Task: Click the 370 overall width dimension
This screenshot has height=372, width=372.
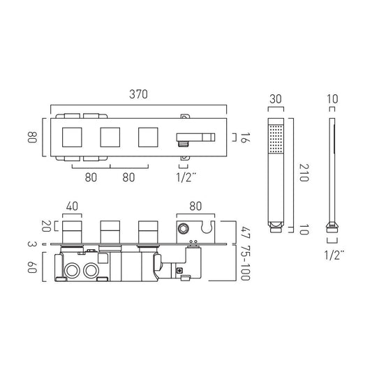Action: pos(139,94)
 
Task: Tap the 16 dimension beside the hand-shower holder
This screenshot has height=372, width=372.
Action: pos(245,137)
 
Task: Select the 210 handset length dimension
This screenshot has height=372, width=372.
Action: pos(304,172)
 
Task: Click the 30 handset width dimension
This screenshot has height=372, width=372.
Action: pos(276,99)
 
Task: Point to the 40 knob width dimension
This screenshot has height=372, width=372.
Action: pos(72,206)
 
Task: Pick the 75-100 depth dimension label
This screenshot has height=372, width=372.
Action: pos(245,263)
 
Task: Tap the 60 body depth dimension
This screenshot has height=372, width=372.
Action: pos(32,267)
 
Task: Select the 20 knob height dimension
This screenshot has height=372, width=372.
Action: pos(46,226)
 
